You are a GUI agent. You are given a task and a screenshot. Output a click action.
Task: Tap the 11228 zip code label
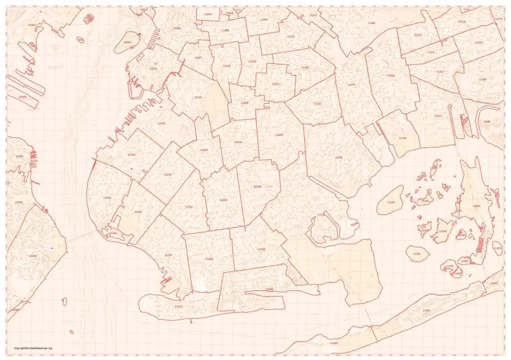tap(138, 212)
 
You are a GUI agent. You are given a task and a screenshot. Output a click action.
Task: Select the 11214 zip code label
tap(168, 254)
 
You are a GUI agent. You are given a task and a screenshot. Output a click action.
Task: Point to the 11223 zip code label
tap(209, 259)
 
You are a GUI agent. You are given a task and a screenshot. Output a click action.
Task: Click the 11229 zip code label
tap(261, 249)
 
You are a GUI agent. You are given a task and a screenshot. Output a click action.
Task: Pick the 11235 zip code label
tap(269, 289)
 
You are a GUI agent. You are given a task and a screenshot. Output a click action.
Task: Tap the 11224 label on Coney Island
tap(178, 305)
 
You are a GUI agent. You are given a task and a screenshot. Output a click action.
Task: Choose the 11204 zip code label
tap(187, 207)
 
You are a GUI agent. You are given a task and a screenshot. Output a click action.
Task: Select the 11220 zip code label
tap(130, 154)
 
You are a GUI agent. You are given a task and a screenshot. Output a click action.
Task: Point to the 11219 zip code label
tap(167, 174)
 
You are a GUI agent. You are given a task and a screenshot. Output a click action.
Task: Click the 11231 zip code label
tap(153, 69)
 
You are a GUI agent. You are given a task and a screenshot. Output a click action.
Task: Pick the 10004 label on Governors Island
tap(128, 42)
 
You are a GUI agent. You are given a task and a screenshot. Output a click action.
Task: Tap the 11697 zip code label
tap(333, 343)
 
